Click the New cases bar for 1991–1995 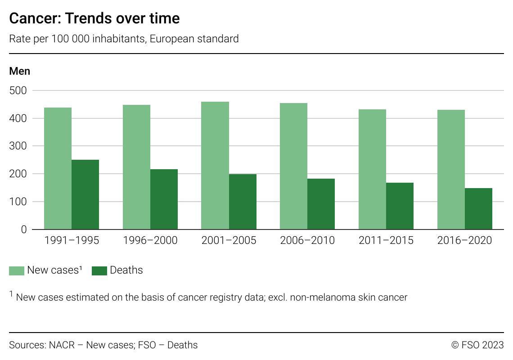click(x=58, y=168)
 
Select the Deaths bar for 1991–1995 click(x=85, y=194)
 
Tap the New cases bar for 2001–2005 click(x=215, y=166)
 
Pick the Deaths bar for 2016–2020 click(x=478, y=209)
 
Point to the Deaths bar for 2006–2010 click(x=321, y=204)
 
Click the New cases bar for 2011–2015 click(x=372, y=169)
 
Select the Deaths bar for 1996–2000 click(x=164, y=199)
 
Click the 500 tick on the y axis click(x=18, y=90)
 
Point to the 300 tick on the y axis click(x=18, y=146)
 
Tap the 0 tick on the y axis click(x=24, y=229)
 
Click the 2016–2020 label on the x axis click(x=464, y=241)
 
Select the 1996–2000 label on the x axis click(x=150, y=241)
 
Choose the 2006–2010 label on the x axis click(x=307, y=241)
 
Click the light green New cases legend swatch click(x=17, y=270)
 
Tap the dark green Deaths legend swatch click(x=99, y=270)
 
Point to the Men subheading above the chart click(x=20, y=71)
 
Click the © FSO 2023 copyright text click(x=477, y=345)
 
